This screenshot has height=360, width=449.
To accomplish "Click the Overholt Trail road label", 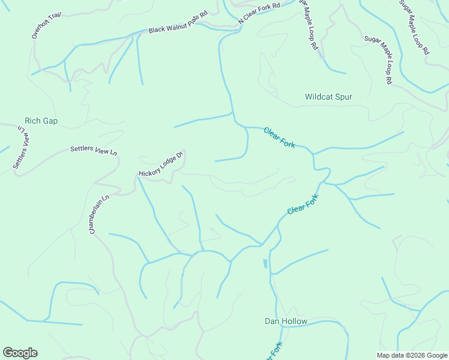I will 47,26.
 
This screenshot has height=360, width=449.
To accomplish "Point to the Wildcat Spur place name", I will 328,97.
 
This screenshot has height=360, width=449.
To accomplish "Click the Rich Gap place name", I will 41,121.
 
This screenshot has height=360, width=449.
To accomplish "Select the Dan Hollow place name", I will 286,321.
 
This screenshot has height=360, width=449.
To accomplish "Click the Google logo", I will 20,353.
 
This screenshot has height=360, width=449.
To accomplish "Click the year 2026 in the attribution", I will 415,355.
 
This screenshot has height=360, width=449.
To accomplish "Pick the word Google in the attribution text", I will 436,355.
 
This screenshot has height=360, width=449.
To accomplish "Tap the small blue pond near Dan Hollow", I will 265,263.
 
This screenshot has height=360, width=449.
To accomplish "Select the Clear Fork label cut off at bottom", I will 274,351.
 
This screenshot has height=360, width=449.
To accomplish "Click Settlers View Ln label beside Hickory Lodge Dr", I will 93,151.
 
